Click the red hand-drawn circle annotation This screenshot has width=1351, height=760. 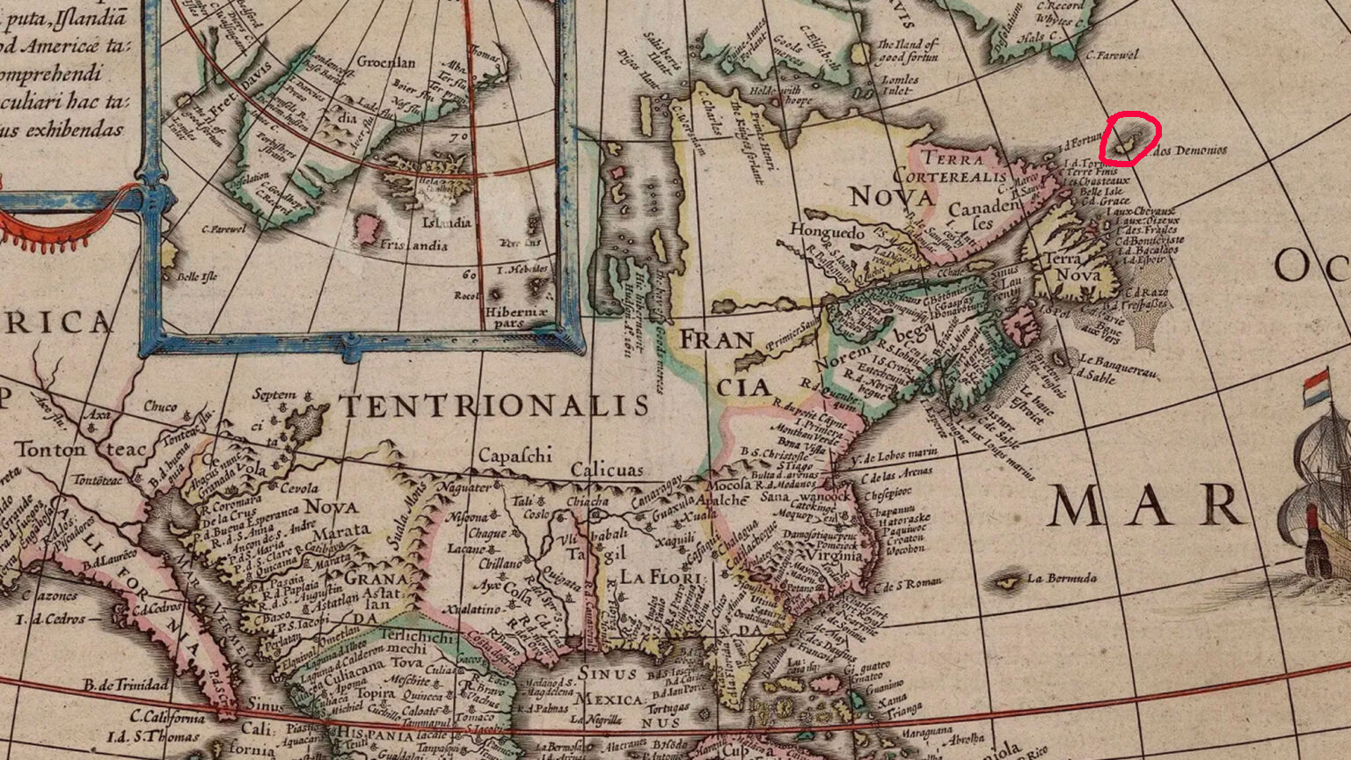click(x=1130, y=139)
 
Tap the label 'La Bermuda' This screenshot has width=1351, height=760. click(x=1062, y=579)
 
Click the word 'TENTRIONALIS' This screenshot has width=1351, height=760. click(x=494, y=406)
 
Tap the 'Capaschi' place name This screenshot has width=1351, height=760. click(x=515, y=456)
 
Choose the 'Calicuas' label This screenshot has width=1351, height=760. click(x=607, y=471)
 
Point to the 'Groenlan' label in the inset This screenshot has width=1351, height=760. click(x=386, y=62)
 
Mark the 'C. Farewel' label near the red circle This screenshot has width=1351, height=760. click(x=1111, y=55)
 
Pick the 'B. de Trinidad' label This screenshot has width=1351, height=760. click(x=126, y=684)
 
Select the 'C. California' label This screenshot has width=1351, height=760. click(x=167, y=717)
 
